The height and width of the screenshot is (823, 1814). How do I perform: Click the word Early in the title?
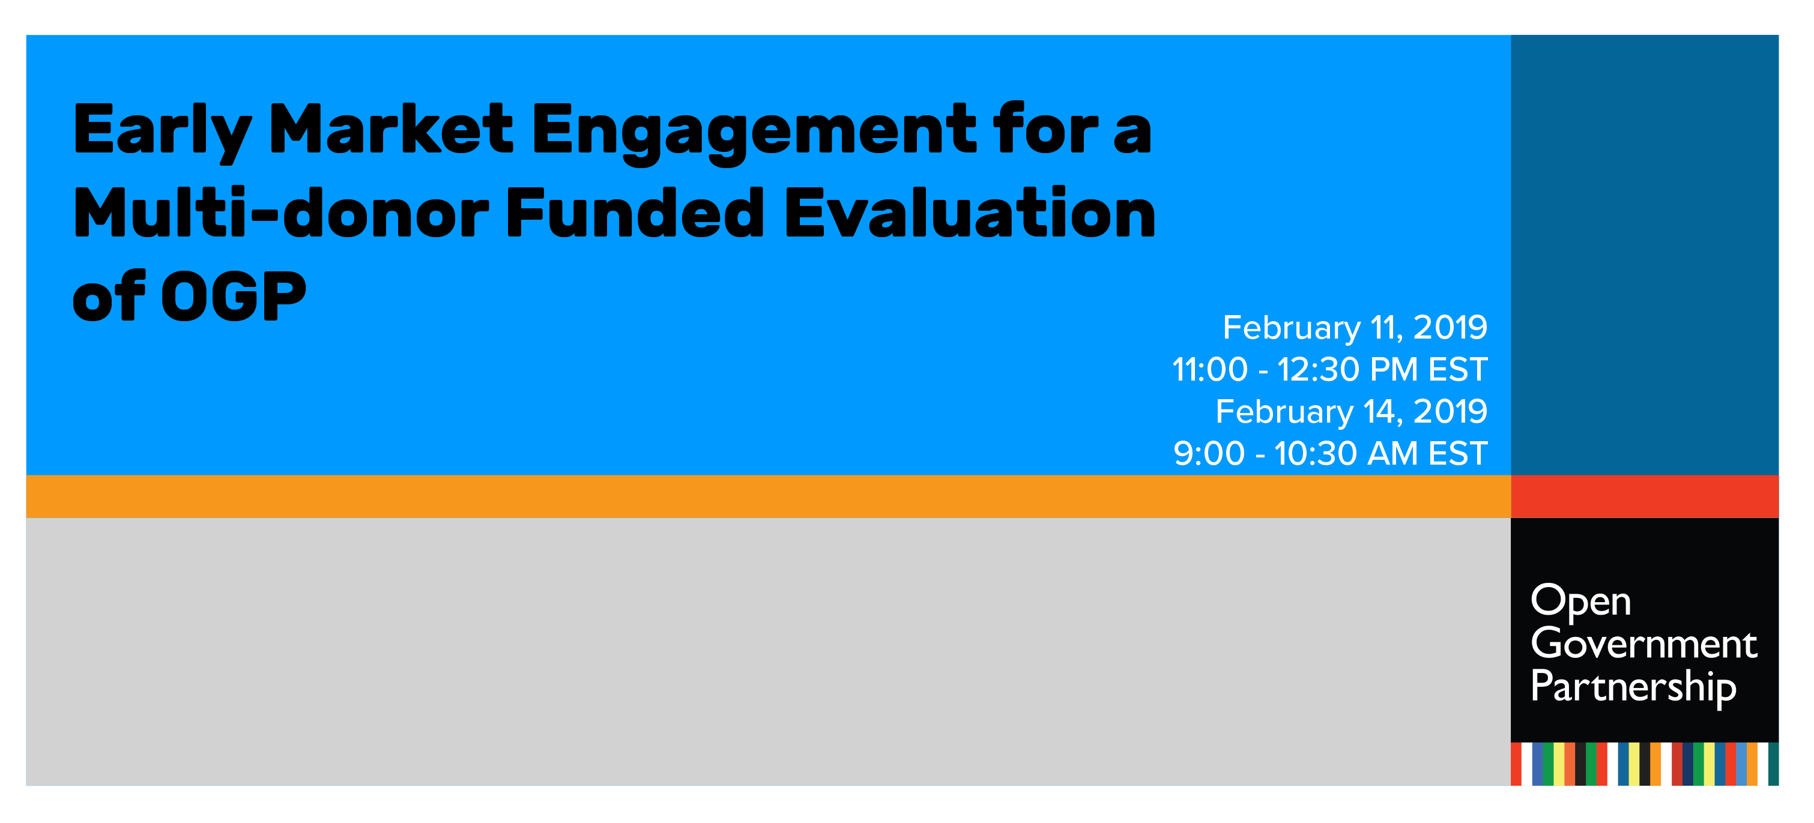coord(163,131)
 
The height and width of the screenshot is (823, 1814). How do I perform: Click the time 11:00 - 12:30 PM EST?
coord(1329,370)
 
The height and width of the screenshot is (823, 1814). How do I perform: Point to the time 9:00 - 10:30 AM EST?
coord(1330,453)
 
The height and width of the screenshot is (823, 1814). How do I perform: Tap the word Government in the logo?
coord(1643,644)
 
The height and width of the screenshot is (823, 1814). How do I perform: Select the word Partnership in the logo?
coord(1633,688)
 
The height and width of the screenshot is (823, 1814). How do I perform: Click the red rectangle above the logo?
coord(1644,496)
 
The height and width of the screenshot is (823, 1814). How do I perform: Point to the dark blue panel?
coord(1644,255)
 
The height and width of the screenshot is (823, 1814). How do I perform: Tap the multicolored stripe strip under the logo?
coord(1644,763)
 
